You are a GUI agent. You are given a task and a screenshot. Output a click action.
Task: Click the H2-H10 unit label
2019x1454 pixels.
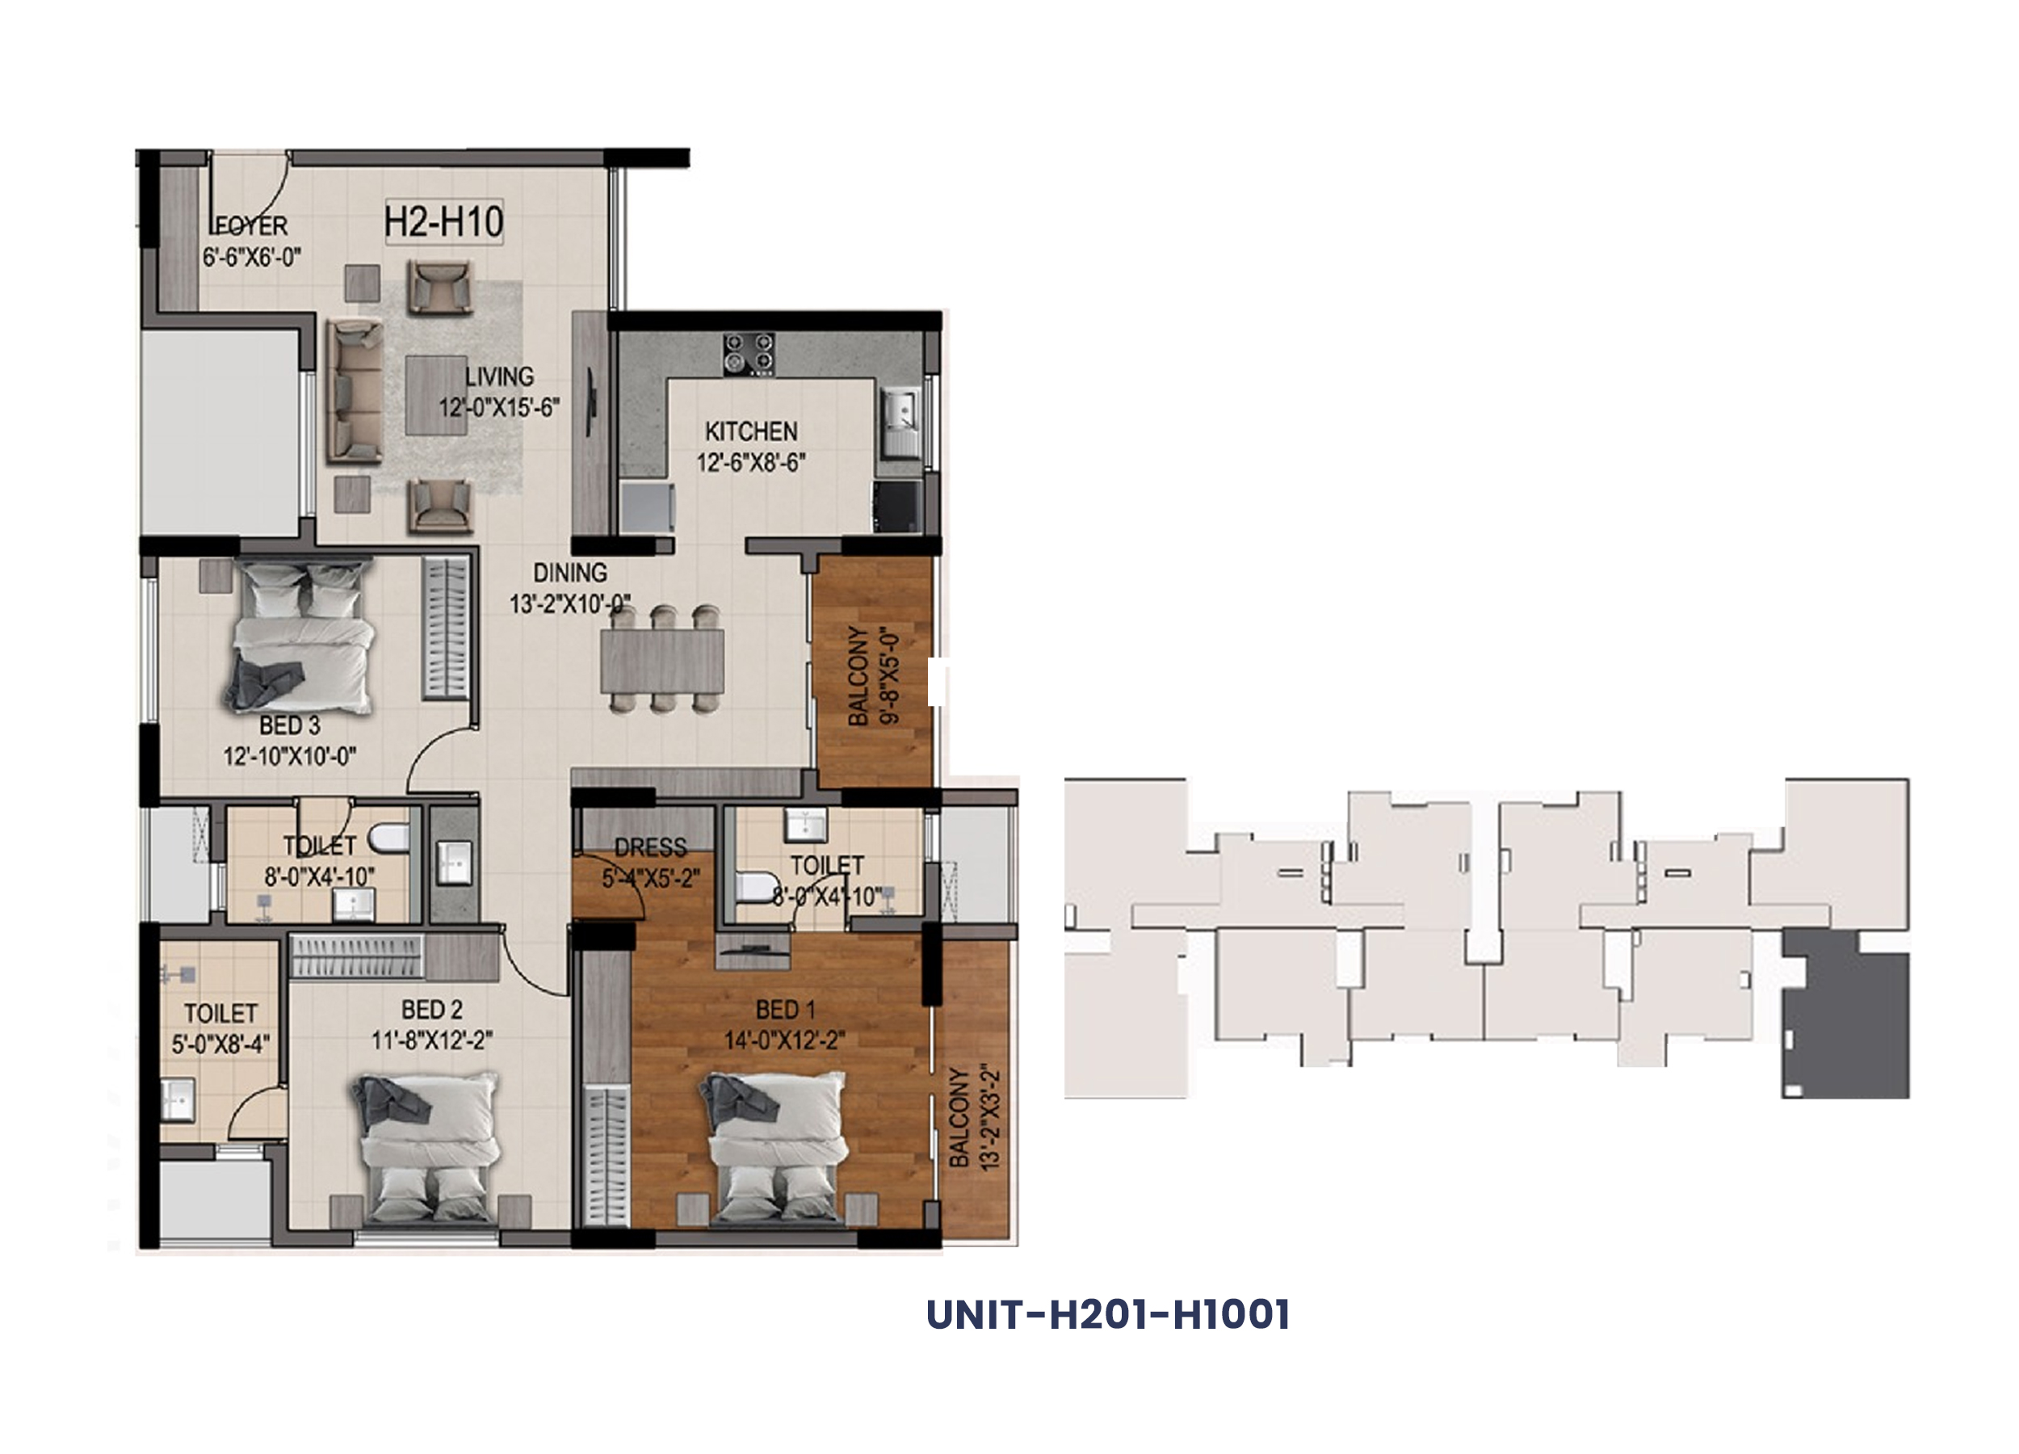(x=443, y=221)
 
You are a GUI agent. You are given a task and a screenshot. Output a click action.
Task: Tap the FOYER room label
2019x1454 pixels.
(x=252, y=226)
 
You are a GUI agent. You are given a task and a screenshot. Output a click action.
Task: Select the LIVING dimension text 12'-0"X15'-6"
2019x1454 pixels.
(x=498, y=408)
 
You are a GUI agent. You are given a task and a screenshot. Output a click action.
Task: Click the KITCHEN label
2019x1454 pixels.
(x=751, y=432)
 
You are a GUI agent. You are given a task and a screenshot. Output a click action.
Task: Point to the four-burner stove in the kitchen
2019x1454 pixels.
(x=748, y=354)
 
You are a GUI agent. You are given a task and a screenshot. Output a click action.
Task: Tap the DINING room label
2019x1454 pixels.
(x=569, y=573)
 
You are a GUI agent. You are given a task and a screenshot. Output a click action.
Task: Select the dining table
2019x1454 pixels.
(x=662, y=660)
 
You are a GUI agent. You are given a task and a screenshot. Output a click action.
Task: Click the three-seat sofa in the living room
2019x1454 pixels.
(x=355, y=393)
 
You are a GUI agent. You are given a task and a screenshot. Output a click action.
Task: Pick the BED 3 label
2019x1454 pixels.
(x=289, y=725)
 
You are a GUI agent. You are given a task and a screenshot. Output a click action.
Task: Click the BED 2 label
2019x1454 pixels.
(x=432, y=1010)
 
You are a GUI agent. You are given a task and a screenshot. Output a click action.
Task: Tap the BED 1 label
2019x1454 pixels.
(x=785, y=1010)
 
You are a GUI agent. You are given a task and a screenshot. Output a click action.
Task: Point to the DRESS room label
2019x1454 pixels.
(x=651, y=847)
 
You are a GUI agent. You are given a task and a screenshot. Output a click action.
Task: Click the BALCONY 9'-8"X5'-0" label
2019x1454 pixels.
(x=873, y=676)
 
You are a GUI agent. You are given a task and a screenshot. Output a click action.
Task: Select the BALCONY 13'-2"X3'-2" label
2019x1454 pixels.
(x=974, y=1116)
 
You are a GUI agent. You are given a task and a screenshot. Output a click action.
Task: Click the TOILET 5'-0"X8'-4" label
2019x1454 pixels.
(x=220, y=1028)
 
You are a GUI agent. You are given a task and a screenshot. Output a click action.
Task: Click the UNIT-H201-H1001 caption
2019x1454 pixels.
(x=1107, y=1315)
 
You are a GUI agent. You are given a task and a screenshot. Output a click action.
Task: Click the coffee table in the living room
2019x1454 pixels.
(x=435, y=395)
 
